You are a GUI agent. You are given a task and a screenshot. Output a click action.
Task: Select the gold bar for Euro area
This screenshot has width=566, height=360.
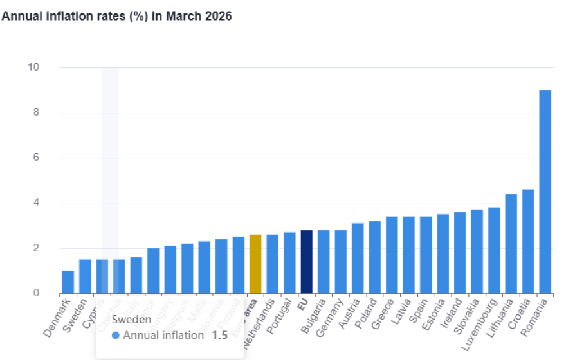(255, 264)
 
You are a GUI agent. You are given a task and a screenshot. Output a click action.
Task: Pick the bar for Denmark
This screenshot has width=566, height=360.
(68, 282)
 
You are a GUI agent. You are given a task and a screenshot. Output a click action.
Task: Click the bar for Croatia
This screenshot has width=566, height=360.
(527, 241)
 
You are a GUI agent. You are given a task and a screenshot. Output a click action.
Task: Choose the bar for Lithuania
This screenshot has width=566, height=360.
(511, 244)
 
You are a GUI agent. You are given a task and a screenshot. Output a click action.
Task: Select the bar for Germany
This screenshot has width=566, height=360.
(340, 262)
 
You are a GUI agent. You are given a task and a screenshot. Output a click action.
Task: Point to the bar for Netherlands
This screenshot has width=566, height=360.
(272, 264)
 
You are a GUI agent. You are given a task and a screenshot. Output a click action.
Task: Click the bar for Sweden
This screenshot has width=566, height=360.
(85, 276)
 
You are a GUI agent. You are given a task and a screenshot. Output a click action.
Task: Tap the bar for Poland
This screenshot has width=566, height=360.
(374, 257)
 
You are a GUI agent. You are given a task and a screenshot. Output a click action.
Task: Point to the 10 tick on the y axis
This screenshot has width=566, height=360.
(33, 67)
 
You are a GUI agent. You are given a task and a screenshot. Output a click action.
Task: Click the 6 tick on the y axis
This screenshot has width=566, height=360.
(36, 158)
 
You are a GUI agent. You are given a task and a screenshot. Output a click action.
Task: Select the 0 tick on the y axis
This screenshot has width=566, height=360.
(36, 293)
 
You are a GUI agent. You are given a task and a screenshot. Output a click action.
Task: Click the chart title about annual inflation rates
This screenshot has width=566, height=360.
(116, 17)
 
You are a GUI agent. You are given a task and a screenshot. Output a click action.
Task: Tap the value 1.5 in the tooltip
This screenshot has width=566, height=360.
(219, 335)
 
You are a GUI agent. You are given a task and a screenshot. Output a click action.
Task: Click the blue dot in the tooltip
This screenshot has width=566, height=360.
(116, 335)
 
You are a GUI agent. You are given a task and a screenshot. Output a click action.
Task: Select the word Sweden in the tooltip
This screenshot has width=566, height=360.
(131, 319)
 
